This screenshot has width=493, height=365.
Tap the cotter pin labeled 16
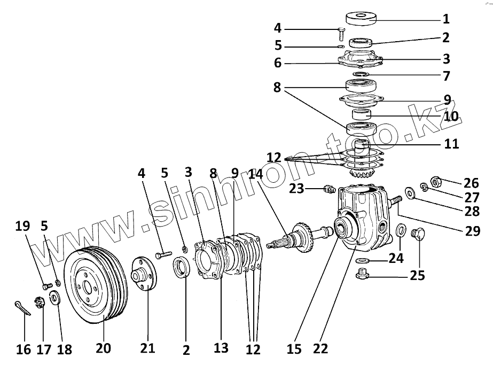tap(21, 309)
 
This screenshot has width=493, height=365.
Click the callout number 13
tap(221, 348)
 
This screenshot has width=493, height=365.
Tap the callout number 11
tap(451, 144)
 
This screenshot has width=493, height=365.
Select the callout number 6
tap(277, 63)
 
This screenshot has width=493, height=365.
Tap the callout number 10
tap(451, 116)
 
